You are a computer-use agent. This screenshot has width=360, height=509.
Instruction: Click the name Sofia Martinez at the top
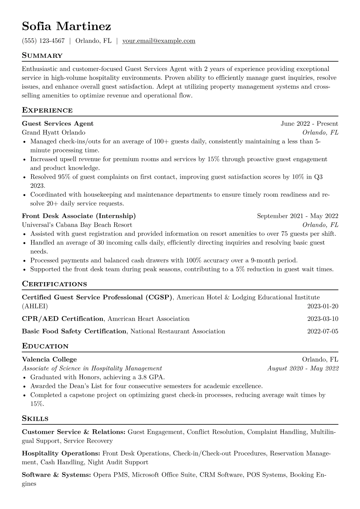tap(67, 27)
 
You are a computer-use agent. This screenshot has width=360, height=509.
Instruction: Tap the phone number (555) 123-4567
tap(43, 41)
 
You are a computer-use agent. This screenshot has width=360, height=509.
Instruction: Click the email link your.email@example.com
tap(159, 41)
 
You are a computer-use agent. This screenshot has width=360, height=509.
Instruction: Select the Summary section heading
tap(42, 56)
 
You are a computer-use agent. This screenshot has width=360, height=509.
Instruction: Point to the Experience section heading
tap(47, 110)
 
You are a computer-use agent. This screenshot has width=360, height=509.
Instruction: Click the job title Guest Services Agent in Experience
tap(58, 123)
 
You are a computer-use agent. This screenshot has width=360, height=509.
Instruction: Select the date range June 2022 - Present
tap(309, 123)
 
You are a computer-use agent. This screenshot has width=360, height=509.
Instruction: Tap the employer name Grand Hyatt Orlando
tap(54, 132)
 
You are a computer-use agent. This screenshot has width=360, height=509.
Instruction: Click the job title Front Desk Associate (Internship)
tap(79, 216)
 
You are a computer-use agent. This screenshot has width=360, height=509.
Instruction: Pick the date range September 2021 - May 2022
tap(297, 216)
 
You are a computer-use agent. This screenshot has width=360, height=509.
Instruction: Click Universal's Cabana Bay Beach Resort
tap(77, 225)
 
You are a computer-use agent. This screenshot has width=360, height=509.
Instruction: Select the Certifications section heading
tap(54, 284)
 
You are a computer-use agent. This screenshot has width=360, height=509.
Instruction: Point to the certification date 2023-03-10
tap(322, 319)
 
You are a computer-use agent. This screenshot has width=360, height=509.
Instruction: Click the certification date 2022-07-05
tap(322, 331)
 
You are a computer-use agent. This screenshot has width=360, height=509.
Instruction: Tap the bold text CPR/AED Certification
tap(63, 319)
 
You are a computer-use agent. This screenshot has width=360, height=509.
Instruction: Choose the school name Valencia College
tap(49, 359)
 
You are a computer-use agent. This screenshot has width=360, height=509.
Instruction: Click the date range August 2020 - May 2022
tap(303, 368)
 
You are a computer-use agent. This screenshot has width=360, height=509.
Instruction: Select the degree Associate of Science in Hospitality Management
tap(92, 368)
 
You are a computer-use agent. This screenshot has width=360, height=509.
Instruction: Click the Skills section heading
tap(35, 419)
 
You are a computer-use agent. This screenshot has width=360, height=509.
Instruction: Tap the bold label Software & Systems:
tap(56, 475)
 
